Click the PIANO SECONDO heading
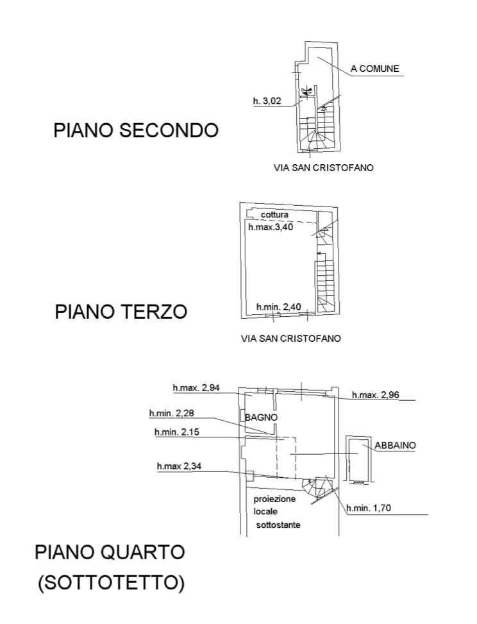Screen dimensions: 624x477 pos(136,131)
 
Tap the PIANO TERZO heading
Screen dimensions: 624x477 pos(121,312)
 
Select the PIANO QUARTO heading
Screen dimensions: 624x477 pos(110,552)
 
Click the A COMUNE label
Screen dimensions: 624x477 pos(375,69)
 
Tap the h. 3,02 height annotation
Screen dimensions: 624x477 pos(267,101)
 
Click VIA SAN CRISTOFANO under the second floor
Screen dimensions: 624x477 pos(323,168)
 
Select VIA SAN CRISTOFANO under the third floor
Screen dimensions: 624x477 pos(290,338)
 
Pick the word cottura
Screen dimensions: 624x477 pos(274,215)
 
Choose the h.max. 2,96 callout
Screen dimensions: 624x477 pos(376,395)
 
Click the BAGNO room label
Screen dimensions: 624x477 pos(261,417)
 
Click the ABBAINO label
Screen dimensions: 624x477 pos(396,445)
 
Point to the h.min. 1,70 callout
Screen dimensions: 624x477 pos(369,509)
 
